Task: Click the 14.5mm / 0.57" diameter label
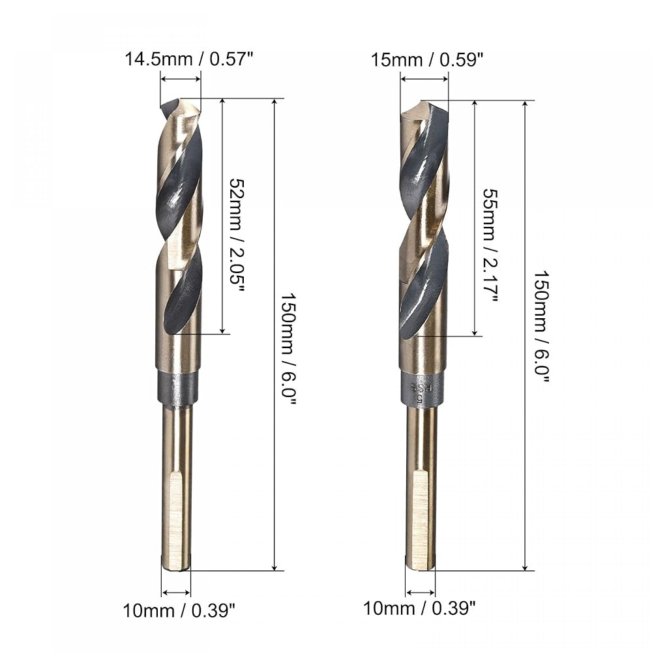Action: click(x=188, y=60)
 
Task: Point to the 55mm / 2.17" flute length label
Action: click(x=490, y=244)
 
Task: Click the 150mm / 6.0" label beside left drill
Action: click(x=288, y=349)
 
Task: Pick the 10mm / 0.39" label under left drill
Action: click(x=179, y=610)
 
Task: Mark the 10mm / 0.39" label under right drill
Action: click(x=419, y=609)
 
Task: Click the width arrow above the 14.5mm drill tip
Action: click(x=181, y=79)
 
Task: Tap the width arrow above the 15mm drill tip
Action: click(x=424, y=79)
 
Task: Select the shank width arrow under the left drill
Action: click(x=176, y=593)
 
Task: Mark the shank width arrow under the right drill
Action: click(x=421, y=593)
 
